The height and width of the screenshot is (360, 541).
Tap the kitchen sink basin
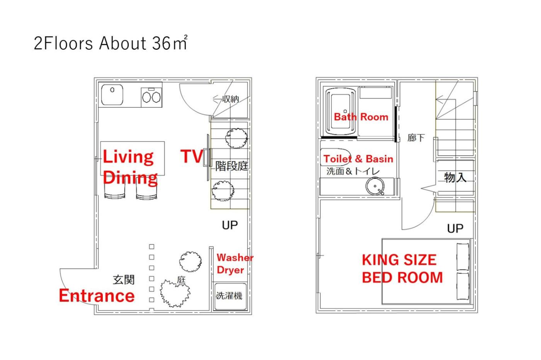point(112,95)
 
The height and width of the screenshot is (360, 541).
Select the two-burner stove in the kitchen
point(151,97)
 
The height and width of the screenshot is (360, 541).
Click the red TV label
point(192,156)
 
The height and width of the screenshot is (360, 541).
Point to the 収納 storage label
point(231,99)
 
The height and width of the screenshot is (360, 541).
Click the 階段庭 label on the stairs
point(231,166)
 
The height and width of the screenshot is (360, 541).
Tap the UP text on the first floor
point(230,225)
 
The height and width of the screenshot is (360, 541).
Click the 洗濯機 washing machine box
point(230,296)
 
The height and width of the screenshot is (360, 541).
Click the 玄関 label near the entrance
point(123,280)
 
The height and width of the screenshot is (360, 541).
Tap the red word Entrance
point(97,295)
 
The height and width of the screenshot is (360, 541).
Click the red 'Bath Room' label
point(361,117)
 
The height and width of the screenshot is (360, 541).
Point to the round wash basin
point(375,186)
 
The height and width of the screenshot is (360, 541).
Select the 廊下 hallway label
point(416,138)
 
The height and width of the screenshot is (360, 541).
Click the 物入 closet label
point(455,177)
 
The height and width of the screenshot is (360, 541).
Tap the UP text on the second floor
point(455,228)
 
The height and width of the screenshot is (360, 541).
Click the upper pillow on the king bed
point(463,256)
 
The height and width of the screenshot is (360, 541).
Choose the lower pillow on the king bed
point(463,286)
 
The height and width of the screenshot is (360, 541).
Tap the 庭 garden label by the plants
point(181,280)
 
